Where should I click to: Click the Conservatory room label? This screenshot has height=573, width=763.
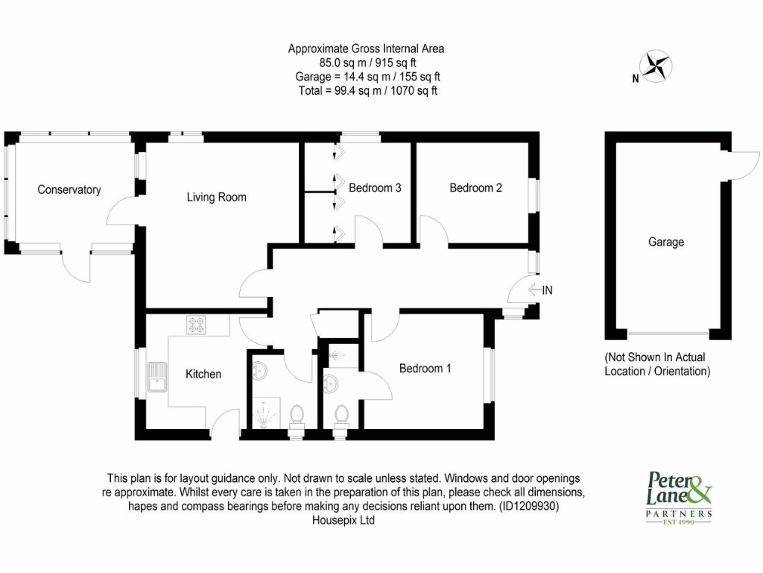(69, 190)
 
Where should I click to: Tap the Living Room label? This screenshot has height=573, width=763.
(216, 197)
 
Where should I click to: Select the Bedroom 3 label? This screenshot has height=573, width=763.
(375, 188)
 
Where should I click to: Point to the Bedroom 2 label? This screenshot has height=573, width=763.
(475, 188)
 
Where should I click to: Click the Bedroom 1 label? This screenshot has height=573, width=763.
(425, 368)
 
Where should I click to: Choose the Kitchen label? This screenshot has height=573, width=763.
(203, 374)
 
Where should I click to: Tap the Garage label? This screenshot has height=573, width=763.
(665, 242)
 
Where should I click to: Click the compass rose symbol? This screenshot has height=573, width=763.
(657, 65)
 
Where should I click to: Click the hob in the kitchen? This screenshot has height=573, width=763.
(197, 325)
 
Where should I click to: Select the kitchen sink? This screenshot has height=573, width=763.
(158, 377)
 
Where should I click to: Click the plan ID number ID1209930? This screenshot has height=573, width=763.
(527, 506)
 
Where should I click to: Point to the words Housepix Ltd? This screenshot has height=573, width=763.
(343, 521)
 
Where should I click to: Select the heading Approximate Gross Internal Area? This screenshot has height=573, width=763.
(366, 49)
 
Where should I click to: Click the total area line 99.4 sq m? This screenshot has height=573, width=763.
(367, 91)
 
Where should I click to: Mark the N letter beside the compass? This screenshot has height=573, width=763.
(635, 78)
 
